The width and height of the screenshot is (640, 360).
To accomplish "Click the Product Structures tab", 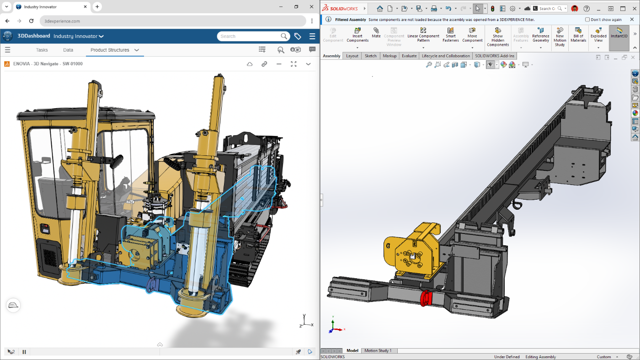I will (x=110, y=50).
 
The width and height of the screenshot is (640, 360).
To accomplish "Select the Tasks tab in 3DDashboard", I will (x=42, y=50).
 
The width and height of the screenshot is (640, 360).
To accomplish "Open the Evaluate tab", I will (x=409, y=56).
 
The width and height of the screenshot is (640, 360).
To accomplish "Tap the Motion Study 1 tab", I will (x=378, y=350).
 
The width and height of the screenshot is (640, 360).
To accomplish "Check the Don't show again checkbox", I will (x=587, y=20).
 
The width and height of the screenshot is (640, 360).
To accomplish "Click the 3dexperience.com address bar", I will (x=173, y=21).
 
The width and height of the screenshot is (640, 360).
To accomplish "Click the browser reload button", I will (x=31, y=21).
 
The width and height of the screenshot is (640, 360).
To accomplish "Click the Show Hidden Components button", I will (x=497, y=37).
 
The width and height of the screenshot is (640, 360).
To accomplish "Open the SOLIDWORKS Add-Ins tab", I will (x=494, y=56).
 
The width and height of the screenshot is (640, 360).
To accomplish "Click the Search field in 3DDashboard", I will (x=249, y=37).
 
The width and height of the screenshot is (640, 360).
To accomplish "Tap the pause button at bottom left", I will (x=24, y=352).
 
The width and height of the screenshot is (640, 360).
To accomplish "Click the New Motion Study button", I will (x=560, y=37).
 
